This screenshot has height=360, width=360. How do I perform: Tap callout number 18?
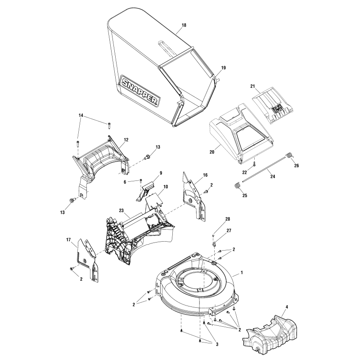pyautogui.click(x=184, y=26)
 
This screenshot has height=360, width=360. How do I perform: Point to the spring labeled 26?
pyautogui.click(x=290, y=156)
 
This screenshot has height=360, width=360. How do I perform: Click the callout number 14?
pyautogui.click(x=81, y=116)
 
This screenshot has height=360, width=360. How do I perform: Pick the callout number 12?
pyautogui.click(x=126, y=140)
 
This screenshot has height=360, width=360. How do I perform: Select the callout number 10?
pyautogui.click(x=153, y=186)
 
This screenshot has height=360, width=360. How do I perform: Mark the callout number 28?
pyautogui.click(x=227, y=219)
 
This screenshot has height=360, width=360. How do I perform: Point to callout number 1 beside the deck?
pyautogui.click(x=242, y=273)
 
